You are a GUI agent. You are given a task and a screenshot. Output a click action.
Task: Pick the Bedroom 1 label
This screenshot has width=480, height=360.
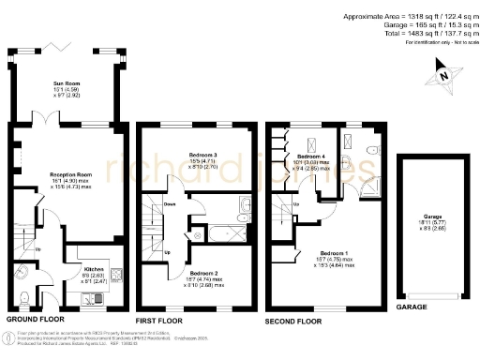pos(332,253)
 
